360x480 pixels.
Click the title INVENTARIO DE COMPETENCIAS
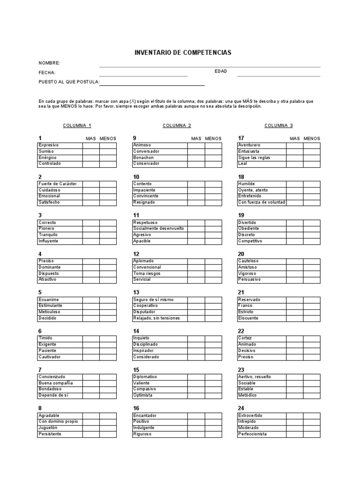(183, 53)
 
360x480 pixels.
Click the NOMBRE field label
(49, 63)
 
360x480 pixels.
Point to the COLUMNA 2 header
(177, 126)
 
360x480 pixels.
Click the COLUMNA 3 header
(278, 126)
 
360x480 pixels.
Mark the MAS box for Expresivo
(91, 145)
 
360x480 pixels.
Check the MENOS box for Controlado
(108, 164)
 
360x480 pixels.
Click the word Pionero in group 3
(46, 229)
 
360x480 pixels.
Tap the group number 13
(136, 292)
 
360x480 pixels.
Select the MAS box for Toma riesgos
(196, 273)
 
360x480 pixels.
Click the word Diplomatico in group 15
(145, 377)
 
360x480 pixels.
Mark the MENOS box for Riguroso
(213, 434)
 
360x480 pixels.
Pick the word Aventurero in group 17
(249, 145)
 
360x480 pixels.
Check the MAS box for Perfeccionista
(294, 434)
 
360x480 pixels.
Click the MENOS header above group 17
(312, 139)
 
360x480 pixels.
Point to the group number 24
(241, 408)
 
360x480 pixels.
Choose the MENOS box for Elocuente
(312, 318)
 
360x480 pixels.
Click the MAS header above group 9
(196, 139)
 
